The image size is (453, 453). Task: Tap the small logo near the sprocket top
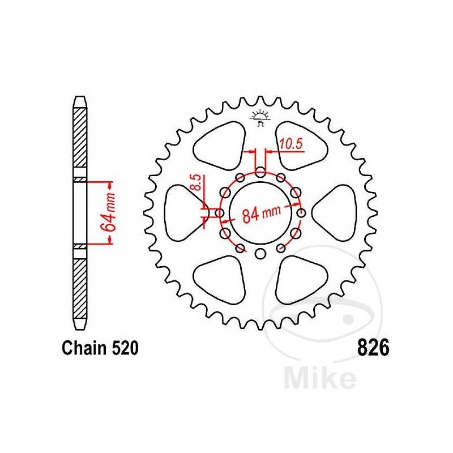260,118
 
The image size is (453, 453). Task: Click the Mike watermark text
319,378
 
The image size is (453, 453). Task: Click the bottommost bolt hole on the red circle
260,254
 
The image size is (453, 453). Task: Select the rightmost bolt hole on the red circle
301,213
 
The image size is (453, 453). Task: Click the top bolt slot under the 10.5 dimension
260,172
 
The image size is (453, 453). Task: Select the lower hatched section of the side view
80,288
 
